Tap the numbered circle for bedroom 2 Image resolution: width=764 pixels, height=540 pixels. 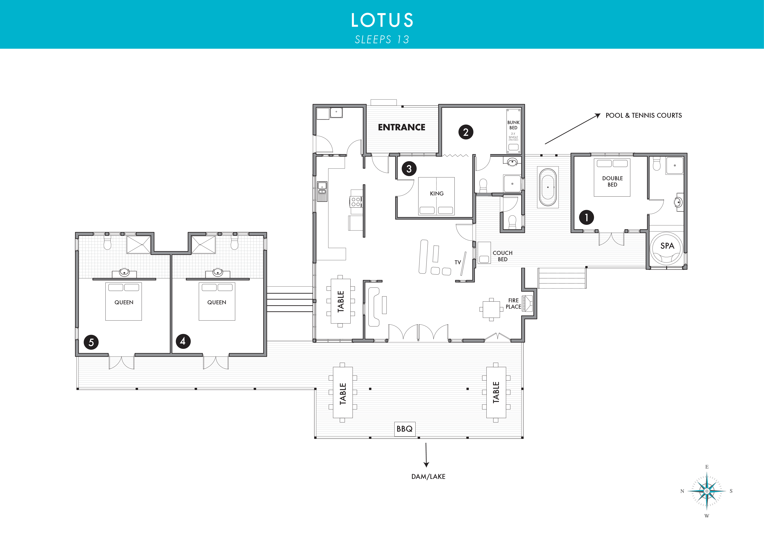[466, 132]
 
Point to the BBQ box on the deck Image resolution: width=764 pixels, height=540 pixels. [405, 429]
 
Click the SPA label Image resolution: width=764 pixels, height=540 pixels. [667, 246]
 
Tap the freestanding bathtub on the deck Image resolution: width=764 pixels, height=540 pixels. [548, 187]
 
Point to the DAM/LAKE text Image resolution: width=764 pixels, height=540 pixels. [428, 476]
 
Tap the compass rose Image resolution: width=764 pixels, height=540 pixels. [707, 491]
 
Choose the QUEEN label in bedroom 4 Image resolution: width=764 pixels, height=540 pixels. [217, 302]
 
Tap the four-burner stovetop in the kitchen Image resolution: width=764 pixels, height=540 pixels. [356, 202]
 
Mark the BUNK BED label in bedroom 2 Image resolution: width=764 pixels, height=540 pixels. [513, 125]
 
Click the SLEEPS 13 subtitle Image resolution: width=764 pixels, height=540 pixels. [382, 40]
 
